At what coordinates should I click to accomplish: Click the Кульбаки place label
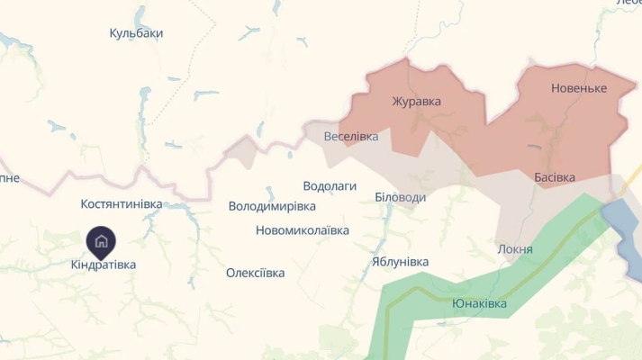[x=136, y=33]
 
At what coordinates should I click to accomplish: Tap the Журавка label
[x=417, y=101]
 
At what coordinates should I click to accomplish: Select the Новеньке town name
[x=579, y=88]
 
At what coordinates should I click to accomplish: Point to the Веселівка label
[x=351, y=137]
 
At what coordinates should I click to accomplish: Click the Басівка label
[x=555, y=177]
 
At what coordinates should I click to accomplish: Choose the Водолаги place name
[x=330, y=185]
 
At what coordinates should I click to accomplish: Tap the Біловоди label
[x=400, y=197]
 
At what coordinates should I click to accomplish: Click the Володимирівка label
[x=272, y=206]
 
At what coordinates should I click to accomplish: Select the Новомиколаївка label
[x=303, y=230]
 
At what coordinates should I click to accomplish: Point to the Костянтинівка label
[x=122, y=204]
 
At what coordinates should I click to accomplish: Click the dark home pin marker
[x=101, y=241]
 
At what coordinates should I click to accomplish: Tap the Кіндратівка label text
[x=104, y=265]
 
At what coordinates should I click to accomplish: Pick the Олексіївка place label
[x=255, y=273]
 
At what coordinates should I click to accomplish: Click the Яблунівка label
[x=400, y=262]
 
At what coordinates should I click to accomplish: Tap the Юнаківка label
[x=479, y=303]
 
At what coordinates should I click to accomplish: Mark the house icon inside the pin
[x=101, y=240]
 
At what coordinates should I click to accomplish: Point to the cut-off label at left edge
[x=9, y=178]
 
